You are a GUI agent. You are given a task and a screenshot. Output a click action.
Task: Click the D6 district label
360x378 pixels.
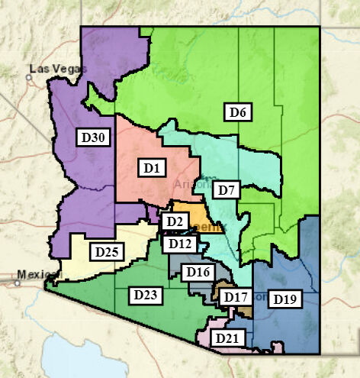point(239,112)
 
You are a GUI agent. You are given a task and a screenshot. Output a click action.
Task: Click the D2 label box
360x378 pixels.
point(175,221)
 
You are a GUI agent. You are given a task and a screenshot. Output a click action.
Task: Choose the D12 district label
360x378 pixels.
point(180,244)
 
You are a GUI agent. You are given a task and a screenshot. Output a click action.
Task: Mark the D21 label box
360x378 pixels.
point(226,338)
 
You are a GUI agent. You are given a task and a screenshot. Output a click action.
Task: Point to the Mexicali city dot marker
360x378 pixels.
point(16,282)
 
